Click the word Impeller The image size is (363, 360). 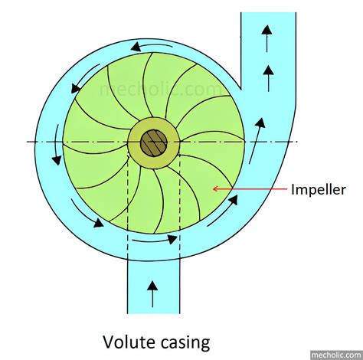[x=319, y=190]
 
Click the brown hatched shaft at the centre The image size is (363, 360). [x=154, y=143]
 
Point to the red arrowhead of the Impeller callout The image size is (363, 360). [x=216, y=189]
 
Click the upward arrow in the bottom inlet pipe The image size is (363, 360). [x=152, y=294]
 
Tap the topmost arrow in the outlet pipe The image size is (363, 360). [x=267, y=38]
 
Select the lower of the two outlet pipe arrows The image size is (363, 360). [x=268, y=78]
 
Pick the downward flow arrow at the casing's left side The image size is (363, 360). [x=57, y=145]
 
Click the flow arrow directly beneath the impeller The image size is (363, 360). [x=155, y=241]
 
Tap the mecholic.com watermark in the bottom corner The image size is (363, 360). [x=337, y=355]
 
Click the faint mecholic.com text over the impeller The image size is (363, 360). [x=160, y=89]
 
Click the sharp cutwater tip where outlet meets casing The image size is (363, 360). [x=240, y=89]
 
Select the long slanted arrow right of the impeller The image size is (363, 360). [x=257, y=140]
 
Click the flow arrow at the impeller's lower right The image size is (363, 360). [x=223, y=211]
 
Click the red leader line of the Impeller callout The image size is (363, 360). [x=250, y=189]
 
